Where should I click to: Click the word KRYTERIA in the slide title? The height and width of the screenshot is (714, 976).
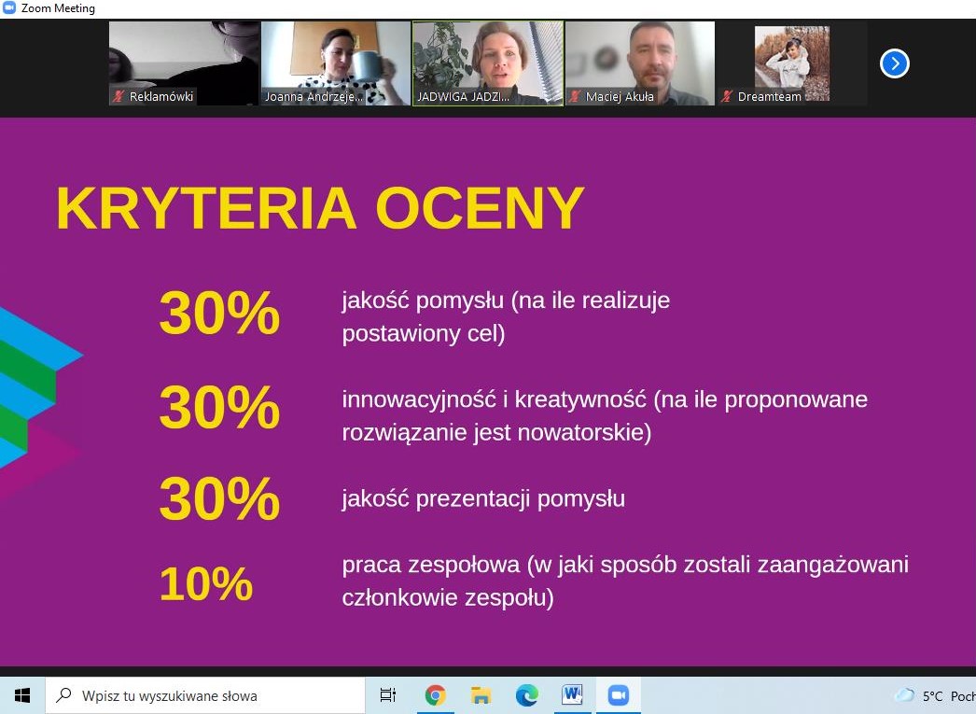[206, 208]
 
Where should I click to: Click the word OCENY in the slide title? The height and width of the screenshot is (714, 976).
[480, 208]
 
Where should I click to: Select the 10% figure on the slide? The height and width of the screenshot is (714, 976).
[206, 583]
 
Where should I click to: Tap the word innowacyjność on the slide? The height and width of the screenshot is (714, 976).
[419, 400]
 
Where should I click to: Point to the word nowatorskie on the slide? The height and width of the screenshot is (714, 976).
[584, 432]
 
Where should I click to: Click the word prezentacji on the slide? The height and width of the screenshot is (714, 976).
[472, 499]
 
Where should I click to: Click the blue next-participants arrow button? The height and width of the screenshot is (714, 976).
[895, 63]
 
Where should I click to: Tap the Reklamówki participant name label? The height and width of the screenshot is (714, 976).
[161, 96]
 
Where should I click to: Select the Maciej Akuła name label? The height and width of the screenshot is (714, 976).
[620, 96]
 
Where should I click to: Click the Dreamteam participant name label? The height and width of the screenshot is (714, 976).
[770, 96]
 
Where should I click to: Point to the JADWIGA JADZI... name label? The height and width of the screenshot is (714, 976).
[463, 96]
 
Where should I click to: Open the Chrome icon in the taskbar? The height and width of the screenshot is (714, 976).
[435, 694]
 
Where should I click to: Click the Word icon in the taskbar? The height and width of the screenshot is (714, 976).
[572, 694]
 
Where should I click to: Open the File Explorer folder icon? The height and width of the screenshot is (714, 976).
[481, 694]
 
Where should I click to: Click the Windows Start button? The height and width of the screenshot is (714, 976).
[22, 695]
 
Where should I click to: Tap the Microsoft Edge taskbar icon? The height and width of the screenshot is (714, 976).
[526, 694]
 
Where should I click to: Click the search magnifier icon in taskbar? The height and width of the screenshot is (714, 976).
[63, 694]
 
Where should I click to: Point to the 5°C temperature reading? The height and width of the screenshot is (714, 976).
[932, 696]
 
